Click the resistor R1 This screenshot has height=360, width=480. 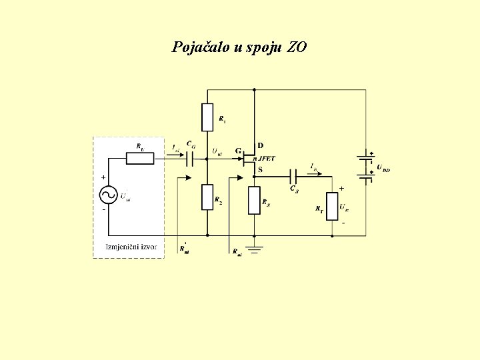click(x=207, y=117)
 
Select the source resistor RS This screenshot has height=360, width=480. click(x=254, y=200)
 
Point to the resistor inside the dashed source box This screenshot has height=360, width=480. click(x=140, y=158)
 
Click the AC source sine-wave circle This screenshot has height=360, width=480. click(x=108, y=195)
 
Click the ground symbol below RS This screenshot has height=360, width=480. click(x=254, y=248)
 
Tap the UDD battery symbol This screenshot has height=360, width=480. click(x=365, y=167)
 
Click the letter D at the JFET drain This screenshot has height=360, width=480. click(x=260, y=146)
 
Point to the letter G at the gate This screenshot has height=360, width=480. click(x=238, y=151)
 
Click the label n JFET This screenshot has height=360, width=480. click(x=264, y=158)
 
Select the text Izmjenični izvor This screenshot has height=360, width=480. click(x=132, y=247)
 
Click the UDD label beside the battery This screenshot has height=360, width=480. click(x=383, y=169)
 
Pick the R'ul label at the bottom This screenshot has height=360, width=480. click(x=184, y=249)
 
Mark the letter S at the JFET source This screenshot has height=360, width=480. click(x=260, y=169)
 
